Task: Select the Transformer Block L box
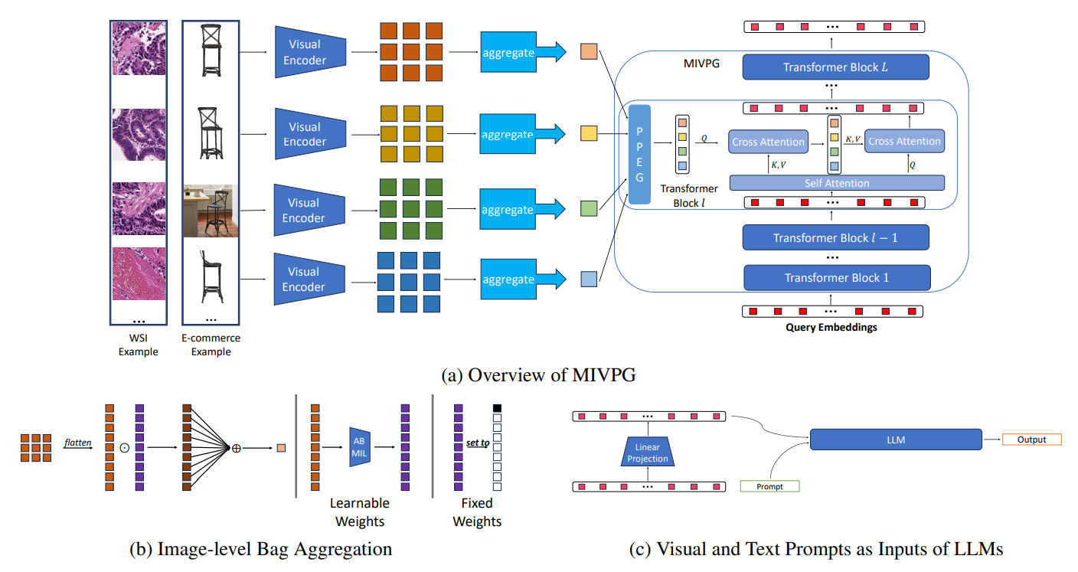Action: point(835,67)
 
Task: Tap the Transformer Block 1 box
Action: point(836,278)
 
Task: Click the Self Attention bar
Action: point(836,183)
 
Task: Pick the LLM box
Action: point(895,439)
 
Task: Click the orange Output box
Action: point(1031,440)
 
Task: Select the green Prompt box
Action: point(769,486)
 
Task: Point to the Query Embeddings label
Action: point(832,328)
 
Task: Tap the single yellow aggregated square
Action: point(589,134)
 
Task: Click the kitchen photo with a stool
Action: point(211,210)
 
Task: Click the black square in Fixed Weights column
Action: point(497,408)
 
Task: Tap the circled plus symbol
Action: point(236,448)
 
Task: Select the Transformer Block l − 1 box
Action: point(835,238)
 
